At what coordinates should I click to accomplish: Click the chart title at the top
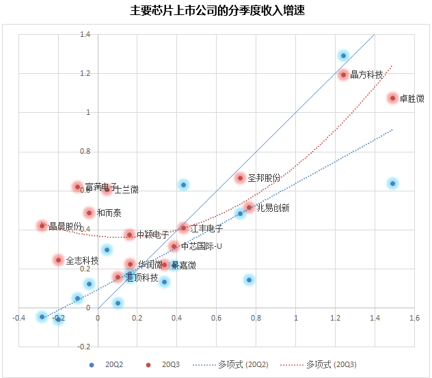216,12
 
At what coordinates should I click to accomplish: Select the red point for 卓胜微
392,98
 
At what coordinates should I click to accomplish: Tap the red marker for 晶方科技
343,74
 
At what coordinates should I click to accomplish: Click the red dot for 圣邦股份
240,178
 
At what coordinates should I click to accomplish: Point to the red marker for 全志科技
58,260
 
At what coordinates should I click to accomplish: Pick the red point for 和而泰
89,213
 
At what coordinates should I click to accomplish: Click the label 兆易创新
273,208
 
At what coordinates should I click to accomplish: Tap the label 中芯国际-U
202,246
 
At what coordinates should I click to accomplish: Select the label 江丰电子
206,228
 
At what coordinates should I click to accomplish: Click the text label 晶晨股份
66,226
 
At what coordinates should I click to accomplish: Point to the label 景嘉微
183,265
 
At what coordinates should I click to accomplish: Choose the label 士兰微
126,190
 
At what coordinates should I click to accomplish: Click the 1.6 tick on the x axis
414,318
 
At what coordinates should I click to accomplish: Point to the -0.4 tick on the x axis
19,318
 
